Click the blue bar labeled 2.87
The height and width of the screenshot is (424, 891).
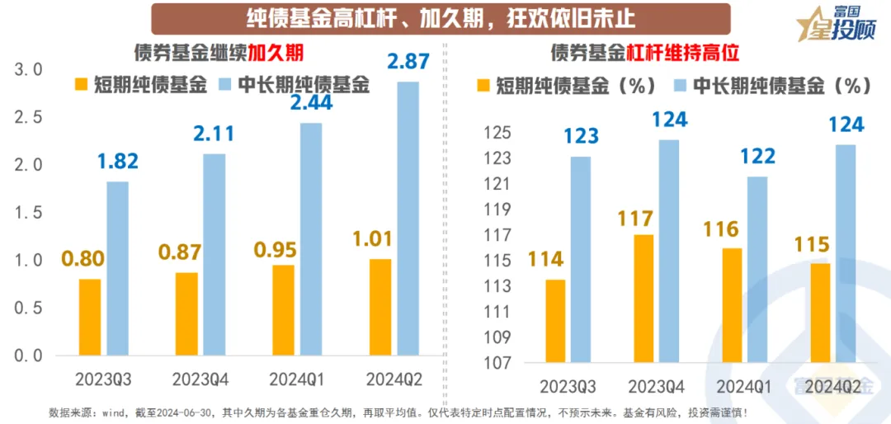tap(407, 219)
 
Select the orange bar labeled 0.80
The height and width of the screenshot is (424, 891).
tap(89, 318)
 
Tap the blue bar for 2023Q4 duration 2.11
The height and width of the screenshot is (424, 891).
tap(214, 255)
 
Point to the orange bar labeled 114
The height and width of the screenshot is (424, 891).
tap(556, 321)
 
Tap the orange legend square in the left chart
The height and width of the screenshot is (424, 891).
tap(81, 84)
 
